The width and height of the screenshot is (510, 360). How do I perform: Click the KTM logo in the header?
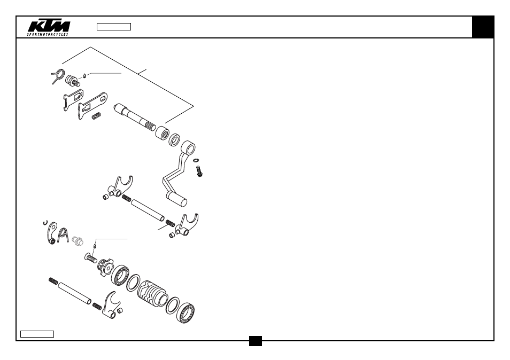[49, 28]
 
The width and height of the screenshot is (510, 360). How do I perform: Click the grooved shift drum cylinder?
[152, 293]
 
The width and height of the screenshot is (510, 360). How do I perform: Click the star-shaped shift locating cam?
[105, 267]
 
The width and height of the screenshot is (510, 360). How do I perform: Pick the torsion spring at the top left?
[58, 76]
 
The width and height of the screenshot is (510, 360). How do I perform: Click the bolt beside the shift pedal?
[199, 171]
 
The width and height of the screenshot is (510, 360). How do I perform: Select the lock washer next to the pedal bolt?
[196, 160]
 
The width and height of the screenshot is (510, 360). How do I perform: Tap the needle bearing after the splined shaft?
[162, 133]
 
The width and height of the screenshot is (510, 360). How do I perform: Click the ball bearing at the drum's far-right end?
[186, 313]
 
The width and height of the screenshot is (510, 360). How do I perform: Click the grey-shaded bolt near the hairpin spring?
[78, 241]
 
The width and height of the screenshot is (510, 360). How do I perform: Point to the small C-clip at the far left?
[45, 223]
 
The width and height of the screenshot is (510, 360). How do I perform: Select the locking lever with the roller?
[52, 233]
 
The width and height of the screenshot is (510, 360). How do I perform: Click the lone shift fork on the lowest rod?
[111, 305]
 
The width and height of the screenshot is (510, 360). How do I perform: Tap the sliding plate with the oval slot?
[92, 105]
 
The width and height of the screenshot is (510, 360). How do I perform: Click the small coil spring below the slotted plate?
[96, 116]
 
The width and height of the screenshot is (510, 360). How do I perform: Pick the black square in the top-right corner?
[483, 27]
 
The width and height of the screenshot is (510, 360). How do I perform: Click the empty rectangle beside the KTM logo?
[114, 27]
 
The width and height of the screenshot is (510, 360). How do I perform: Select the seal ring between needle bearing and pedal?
[175, 140]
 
